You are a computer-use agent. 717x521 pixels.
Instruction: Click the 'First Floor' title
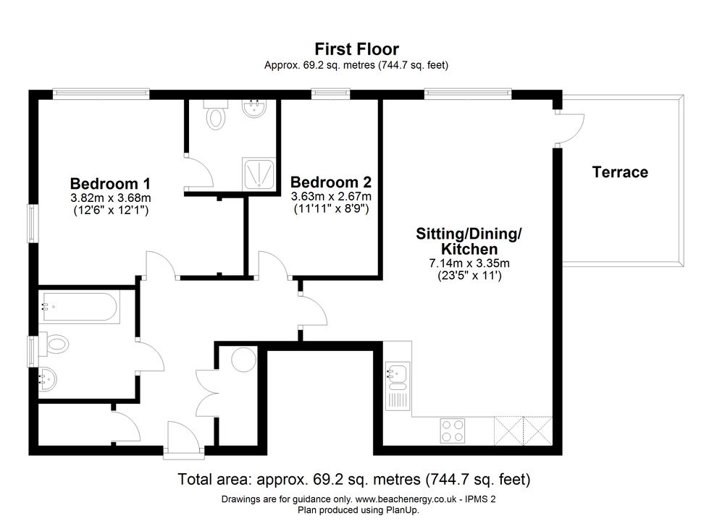pyautogui.click(x=356, y=49)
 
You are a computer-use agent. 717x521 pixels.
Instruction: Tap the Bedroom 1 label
pyautogui.click(x=110, y=184)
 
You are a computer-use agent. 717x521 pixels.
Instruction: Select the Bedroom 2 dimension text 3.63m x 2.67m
pyautogui.click(x=331, y=197)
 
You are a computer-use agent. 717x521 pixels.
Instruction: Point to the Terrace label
pyautogui.click(x=620, y=171)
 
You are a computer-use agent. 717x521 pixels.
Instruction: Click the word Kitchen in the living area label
pyautogui.click(x=469, y=249)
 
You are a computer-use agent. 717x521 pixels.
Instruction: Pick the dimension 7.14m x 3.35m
pyautogui.click(x=469, y=263)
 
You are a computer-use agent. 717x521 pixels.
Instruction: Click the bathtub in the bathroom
pyautogui.click(x=79, y=307)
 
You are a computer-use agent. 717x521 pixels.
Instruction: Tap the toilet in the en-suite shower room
pyautogui.click(x=215, y=114)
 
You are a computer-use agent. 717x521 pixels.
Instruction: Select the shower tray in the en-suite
pyautogui.click(x=259, y=174)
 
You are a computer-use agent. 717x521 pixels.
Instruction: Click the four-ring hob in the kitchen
pyautogui.click(x=453, y=431)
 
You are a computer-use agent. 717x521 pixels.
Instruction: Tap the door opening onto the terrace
pyautogui.click(x=570, y=129)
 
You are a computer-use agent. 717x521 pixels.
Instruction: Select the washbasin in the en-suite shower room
pyautogui.click(x=254, y=109)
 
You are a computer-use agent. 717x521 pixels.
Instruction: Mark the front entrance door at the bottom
pyautogui.click(x=184, y=439)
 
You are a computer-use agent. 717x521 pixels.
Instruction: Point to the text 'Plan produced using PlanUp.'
pyautogui.click(x=358, y=509)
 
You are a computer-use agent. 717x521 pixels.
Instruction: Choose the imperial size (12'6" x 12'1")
pyautogui.click(x=111, y=211)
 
